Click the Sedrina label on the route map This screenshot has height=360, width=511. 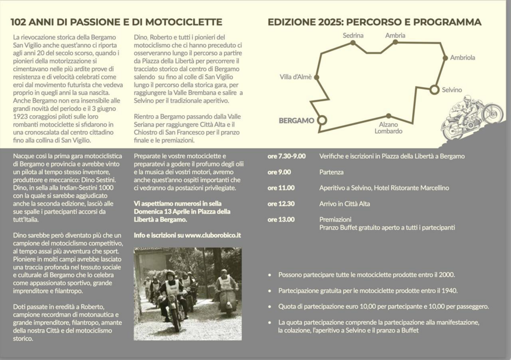coord(353,35)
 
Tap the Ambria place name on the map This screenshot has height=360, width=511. coord(395,35)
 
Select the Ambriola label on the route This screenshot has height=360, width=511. coord(463,57)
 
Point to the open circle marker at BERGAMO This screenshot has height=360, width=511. coord(322,120)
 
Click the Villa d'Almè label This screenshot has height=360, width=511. coord(295,77)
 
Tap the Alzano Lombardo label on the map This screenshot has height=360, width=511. coord(389,128)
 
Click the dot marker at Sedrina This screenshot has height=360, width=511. coord(353,43)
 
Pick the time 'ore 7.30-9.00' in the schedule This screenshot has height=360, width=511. coord(286,156)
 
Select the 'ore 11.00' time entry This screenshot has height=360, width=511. coord(281,188)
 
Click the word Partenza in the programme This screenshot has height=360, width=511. coord(331,172)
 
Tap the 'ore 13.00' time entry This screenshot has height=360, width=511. coord(281,219)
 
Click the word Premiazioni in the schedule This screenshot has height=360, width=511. coord(335,219)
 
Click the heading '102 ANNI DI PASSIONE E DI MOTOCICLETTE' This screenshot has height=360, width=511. coord(116,22)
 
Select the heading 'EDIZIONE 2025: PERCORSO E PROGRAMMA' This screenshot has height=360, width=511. coord(374,22)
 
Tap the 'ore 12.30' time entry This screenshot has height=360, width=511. coord(281,203)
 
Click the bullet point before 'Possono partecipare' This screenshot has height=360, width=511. coord(270,275)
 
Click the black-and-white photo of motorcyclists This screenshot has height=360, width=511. coord(187,294)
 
